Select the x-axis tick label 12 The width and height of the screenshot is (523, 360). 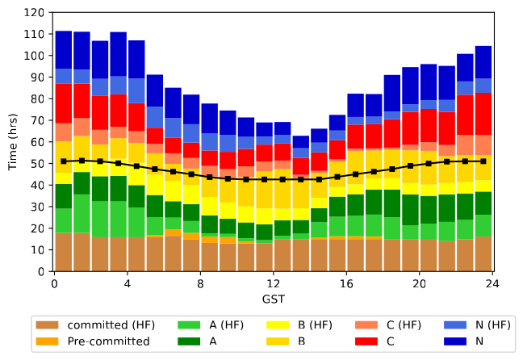pyautogui.click(x=274, y=283)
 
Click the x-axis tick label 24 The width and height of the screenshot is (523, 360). pyautogui.click(x=493, y=283)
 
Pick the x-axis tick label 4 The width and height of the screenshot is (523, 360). pyautogui.click(x=127, y=283)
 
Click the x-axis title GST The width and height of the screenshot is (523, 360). pyautogui.click(x=273, y=299)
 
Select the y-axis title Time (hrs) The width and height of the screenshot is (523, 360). pyautogui.click(x=12, y=142)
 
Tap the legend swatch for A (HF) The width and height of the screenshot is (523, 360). pyautogui.click(x=190, y=325)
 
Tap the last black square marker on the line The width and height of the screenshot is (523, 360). pyautogui.click(x=483, y=161)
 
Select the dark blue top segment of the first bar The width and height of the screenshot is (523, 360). pyautogui.click(x=63, y=50)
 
